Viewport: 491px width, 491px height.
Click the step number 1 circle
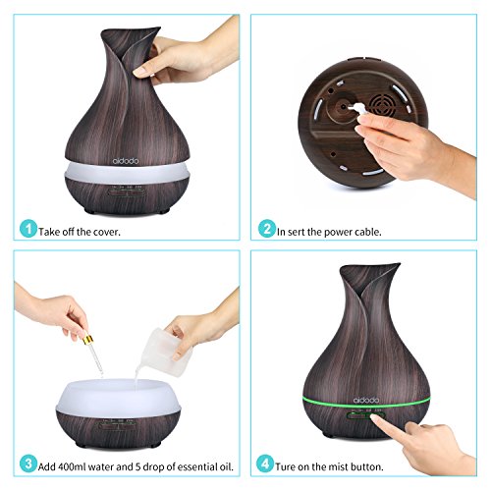(28, 228)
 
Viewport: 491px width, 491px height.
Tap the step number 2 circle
(267, 228)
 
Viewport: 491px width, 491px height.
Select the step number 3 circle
(28, 464)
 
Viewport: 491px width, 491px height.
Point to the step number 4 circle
(265, 464)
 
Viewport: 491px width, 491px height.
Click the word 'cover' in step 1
(107, 232)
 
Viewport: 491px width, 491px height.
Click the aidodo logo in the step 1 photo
(126, 161)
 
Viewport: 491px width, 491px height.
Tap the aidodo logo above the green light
(366, 400)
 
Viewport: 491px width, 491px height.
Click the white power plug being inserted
(355, 109)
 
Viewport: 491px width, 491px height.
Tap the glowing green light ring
(366, 404)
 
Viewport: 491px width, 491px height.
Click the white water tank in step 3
(119, 398)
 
